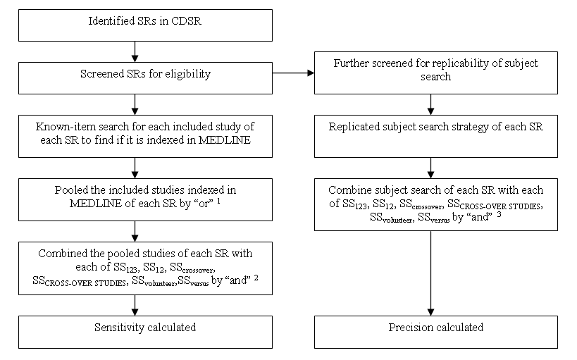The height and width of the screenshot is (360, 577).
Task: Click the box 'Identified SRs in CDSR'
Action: (x=145, y=25)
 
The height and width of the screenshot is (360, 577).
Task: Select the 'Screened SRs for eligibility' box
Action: (x=145, y=78)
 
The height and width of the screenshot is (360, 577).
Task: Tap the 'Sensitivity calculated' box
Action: (x=145, y=332)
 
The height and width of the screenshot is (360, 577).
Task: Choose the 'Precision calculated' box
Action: (x=436, y=332)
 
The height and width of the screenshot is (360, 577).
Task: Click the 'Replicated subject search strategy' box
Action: (x=436, y=136)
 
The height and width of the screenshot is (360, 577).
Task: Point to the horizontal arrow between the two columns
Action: (x=293, y=73)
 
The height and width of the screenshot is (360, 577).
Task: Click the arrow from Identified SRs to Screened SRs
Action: (x=135, y=51)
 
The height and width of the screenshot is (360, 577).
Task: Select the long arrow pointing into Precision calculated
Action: (x=430, y=273)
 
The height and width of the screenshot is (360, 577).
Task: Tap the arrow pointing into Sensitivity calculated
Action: (x=135, y=305)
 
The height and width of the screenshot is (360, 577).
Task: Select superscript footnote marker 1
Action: (x=218, y=201)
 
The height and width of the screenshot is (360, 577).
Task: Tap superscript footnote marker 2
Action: (x=256, y=278)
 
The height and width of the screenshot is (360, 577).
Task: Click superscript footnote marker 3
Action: (x=499, y=214)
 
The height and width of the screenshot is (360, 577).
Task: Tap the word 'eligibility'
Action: (x=187, y=74)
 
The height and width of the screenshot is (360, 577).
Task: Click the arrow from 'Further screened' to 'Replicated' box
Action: (x=430, y=104)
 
